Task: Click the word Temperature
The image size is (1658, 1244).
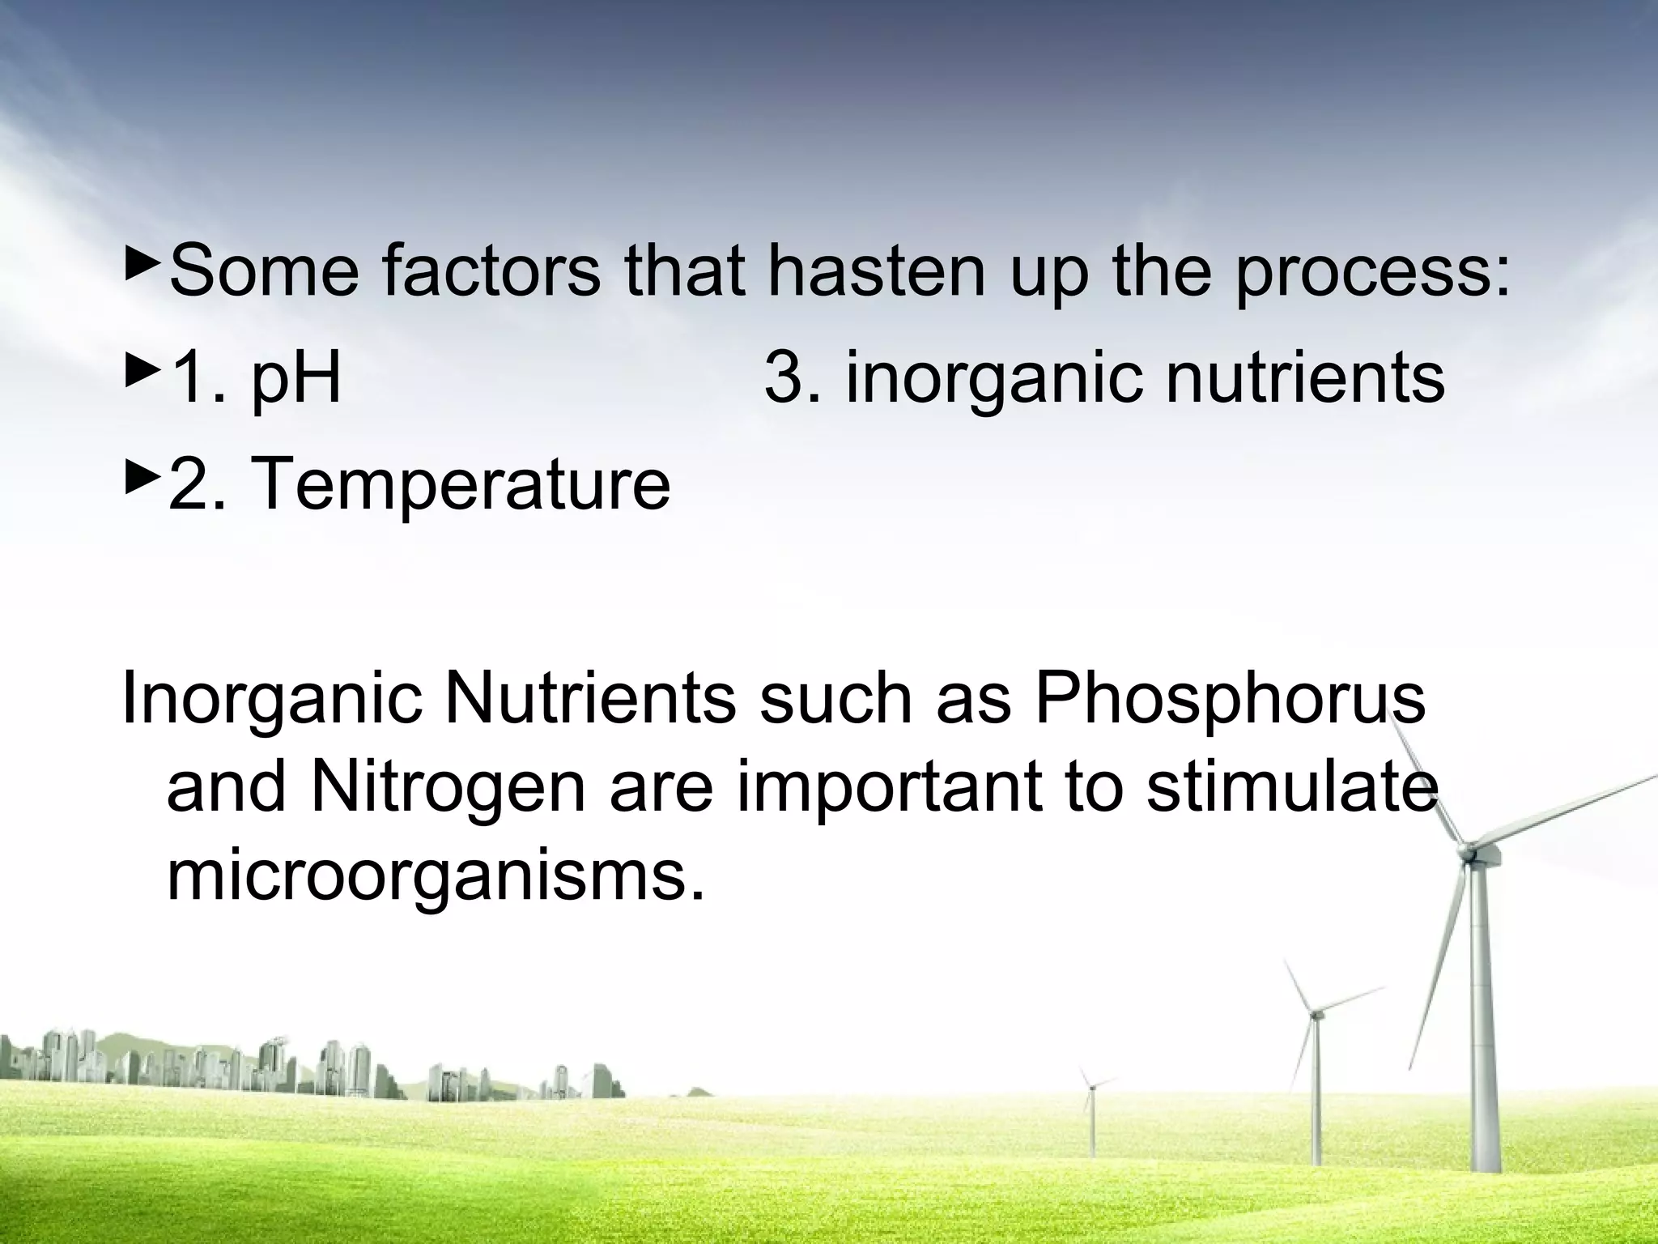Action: click(x=461, y=484)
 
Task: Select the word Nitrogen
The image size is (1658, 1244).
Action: click(x=447, y=788)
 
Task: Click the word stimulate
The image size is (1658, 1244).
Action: click(x=1292, y=788)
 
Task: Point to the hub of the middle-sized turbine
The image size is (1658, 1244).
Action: click(x=1316, y=1013)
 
